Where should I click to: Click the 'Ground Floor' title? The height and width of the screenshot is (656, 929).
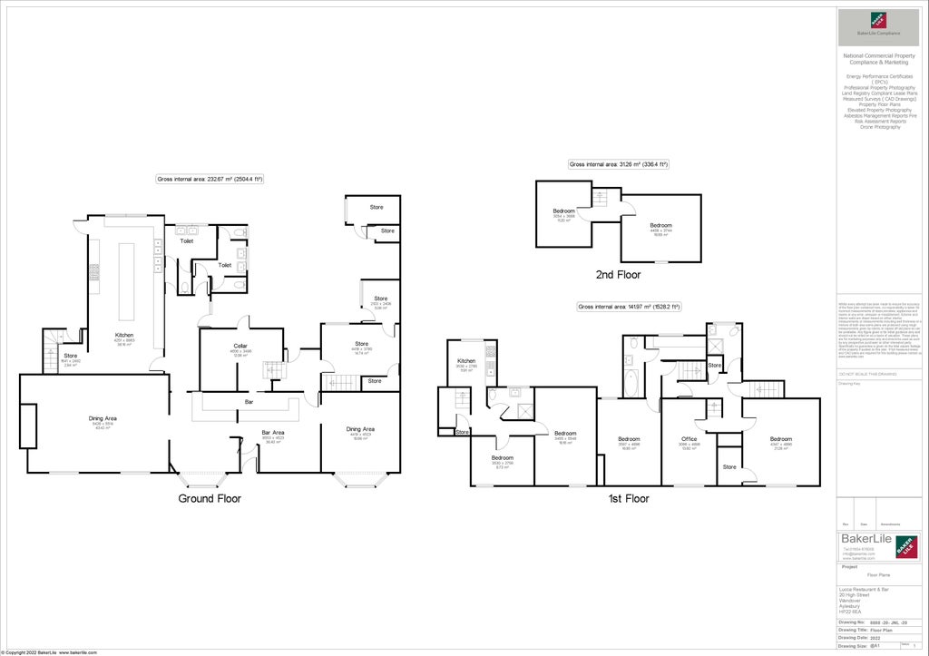click(x=209, y=498)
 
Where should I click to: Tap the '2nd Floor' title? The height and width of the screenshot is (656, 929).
click(x=618, y=273)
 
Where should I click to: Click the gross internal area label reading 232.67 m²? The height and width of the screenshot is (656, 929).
click(x=210, y=180)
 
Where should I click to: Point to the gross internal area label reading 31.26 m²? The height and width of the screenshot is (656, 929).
click(x=618, y=164)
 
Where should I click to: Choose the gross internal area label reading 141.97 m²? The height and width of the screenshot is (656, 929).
click(x=629, y=307)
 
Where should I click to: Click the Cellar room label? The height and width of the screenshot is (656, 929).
click(x=240, y=346)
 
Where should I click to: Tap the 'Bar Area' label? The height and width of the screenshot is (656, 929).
click(x=273, y=432)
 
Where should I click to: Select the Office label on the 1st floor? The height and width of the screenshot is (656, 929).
click(x=689, y=439)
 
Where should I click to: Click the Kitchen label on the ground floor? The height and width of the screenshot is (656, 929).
click(x=124, y=335)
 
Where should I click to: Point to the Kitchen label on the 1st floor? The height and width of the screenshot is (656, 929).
click(x=466, y=361)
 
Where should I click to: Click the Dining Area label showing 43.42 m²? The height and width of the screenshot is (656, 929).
click(x=103, y=418)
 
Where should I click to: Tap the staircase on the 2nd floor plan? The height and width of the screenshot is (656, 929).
click(x=599, y=198)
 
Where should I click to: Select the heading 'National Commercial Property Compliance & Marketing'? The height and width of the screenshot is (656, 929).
click(x=878, y=59)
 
